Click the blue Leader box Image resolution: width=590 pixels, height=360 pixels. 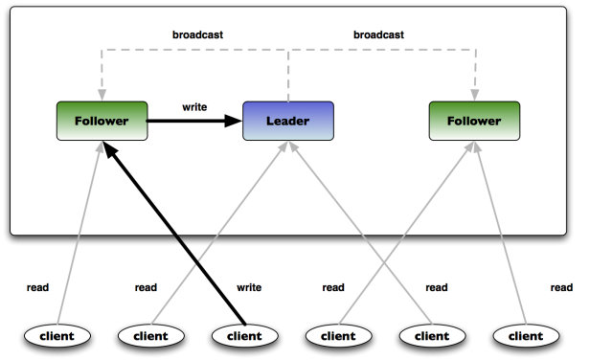[x=286, y=122]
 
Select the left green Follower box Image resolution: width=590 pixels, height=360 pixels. [x=102, y=122]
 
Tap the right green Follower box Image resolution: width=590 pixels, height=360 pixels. [x=473, y=122]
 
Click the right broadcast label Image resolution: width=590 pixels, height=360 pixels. [x=378, y=34]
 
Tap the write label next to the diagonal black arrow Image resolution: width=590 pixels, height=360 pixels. [x=249, y=287]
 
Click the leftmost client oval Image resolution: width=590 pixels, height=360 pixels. [x=56, y=336]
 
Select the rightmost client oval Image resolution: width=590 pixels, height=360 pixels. [x=525, y=336]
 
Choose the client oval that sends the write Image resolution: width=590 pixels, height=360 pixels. [x=243, y=336]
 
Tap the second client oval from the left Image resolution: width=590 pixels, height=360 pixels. [x=149, y=336]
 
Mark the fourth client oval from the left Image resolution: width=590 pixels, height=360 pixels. [x=337, y=336]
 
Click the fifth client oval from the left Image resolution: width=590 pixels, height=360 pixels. [x=431, y=336]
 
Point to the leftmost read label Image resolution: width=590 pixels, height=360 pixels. [x=38, y=287]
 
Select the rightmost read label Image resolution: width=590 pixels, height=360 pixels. [x=561, y=287]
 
